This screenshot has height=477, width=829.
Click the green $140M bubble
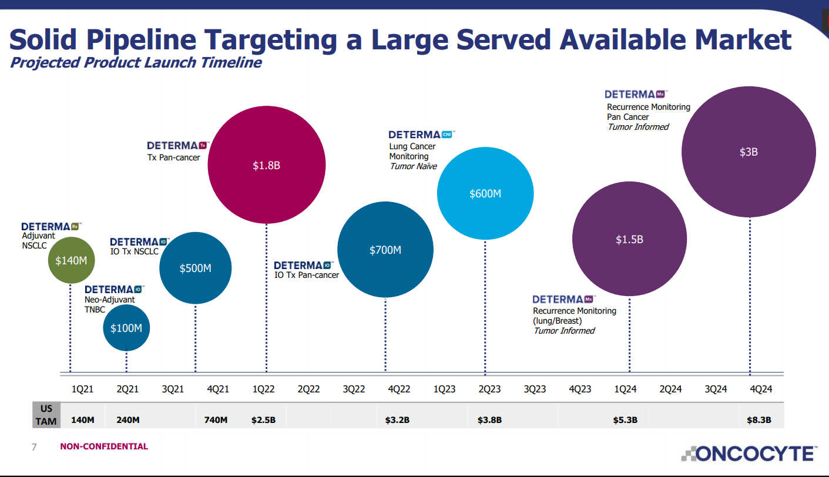(71, 260)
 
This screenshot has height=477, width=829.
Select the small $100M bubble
(126, 328)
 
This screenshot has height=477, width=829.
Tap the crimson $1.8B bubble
(266, 165)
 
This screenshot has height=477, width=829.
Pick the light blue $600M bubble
(485, 193)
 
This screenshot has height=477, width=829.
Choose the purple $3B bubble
(749, 152)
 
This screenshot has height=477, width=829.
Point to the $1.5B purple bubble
(629, 239)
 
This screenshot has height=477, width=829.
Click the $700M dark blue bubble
(385, 250)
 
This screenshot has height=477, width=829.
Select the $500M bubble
(195, 268)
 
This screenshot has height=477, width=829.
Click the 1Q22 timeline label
(264, 389)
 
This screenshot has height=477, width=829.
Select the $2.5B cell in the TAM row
(264, 419)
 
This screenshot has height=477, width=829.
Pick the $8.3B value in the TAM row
(758, 419)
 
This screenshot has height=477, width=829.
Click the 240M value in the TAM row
(127, 419)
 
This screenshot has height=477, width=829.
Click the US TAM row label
(46, 415)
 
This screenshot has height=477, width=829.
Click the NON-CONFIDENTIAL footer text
(104, 446)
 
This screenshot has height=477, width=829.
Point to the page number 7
(33, 447)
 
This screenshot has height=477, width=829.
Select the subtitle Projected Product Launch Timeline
(136, 62)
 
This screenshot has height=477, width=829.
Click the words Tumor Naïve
(413, 166)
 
